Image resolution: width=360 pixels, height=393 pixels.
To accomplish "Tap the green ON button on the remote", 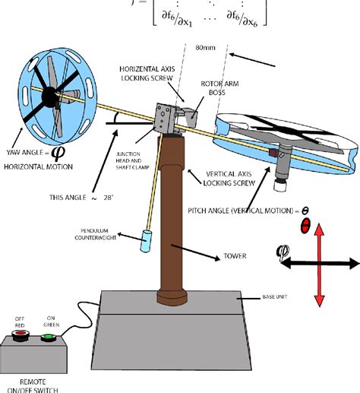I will click(49, 334).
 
